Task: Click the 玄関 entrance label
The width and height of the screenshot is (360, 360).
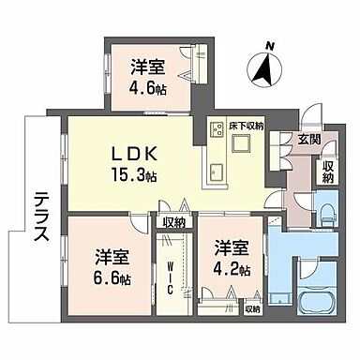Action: (x=308, y=140)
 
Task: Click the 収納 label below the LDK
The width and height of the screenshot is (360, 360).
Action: (x=173, y=221)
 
